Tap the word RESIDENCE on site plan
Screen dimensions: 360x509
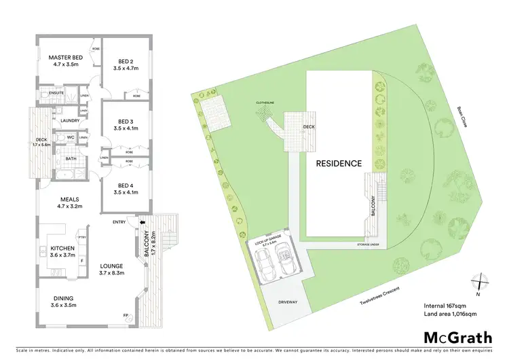click(x=337, y=163)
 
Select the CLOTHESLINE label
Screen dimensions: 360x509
click(x=265, y=103)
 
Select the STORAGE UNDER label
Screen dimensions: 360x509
click(x=369, y=243)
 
